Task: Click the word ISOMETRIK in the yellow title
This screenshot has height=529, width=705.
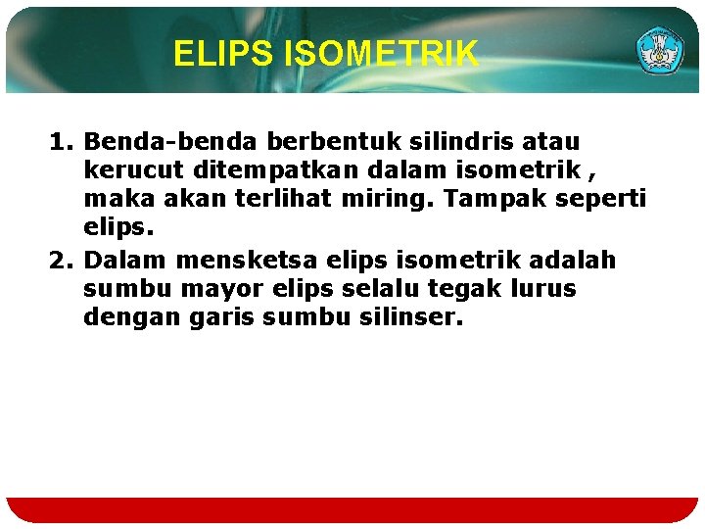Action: [x=381, y=54]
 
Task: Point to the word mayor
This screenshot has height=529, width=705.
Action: [x=196, y=290]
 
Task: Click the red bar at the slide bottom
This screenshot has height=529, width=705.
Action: [x=352, y=510]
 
